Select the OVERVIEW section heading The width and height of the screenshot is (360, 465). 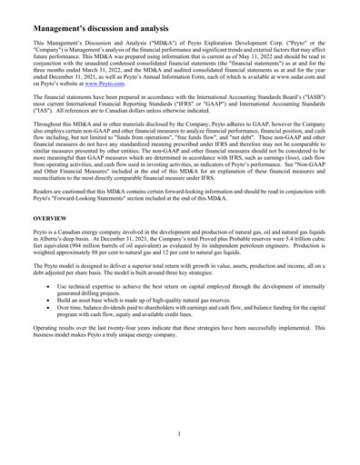click(x=43, y=219)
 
